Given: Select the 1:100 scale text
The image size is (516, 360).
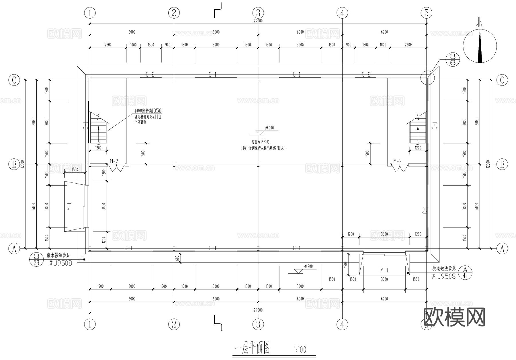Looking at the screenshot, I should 300,350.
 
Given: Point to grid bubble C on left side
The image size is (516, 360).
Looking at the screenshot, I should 14,80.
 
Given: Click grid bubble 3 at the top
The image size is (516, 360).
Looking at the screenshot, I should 258,13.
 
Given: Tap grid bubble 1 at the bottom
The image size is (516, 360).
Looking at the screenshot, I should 90,324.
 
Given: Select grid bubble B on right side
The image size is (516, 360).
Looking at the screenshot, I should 502,164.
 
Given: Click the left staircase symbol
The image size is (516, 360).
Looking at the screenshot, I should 98,128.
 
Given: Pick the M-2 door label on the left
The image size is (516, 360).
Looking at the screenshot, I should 114,161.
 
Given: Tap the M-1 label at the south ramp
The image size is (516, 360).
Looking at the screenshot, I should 384,270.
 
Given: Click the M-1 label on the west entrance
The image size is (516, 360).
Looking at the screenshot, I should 69,206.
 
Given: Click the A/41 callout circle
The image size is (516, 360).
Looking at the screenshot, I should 465,273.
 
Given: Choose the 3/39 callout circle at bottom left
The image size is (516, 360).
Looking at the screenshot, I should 36,259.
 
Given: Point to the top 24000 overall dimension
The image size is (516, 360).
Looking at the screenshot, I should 258,21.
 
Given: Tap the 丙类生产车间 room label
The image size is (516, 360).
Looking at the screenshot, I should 260,142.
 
